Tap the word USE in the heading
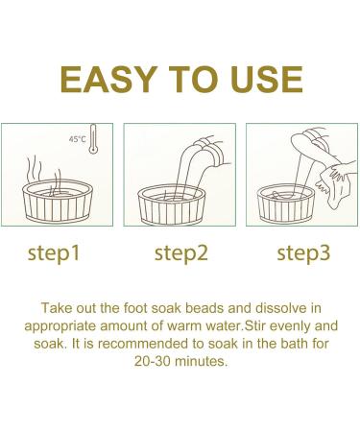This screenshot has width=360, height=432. click(x=266, y=80)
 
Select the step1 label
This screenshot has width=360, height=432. click(x=54, y=253)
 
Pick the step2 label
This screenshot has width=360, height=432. click(x=181, y=253)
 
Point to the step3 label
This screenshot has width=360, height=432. click(x=303, y=253)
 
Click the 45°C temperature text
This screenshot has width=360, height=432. click(x=78, y=139)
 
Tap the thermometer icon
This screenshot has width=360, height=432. click(x=93, y=139)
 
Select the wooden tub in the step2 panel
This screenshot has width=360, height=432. click(x=172, y=204)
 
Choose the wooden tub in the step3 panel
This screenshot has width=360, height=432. click(x=286, y=204)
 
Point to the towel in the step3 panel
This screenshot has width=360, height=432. click(x=333, y=185)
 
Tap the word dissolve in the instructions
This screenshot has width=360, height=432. click(x=280, y=308)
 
